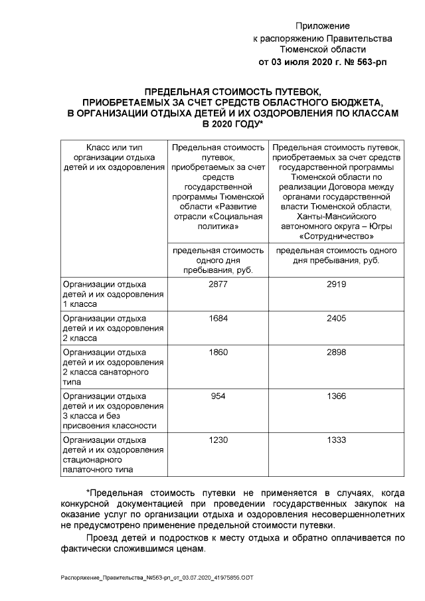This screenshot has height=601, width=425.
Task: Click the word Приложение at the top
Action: click(323, 26)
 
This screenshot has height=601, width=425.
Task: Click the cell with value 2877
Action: click(218, 284)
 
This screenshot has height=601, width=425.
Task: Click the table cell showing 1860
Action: click(218, 353)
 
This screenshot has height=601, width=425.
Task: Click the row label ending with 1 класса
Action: click(113, 294)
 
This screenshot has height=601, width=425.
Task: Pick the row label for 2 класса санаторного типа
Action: click(113, 367)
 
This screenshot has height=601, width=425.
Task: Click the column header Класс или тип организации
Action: click(113, 157)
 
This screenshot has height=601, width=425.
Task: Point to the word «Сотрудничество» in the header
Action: click(337, 236)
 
